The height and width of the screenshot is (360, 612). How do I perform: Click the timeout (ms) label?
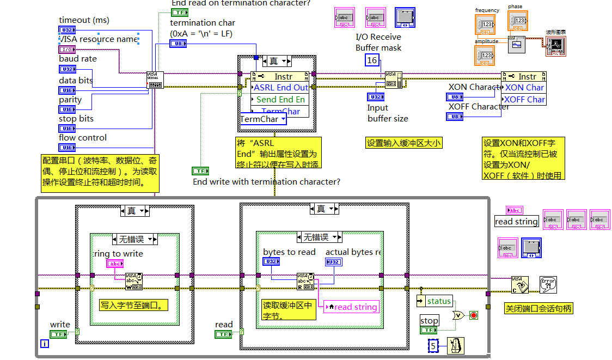tap(84, 20)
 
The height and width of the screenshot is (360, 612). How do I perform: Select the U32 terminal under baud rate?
tap(67, 69)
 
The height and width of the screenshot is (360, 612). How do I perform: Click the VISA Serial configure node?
tap(155, 80)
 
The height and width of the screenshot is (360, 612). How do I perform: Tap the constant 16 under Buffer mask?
tap(372, 60)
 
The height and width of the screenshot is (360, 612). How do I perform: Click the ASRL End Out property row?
tap(280, 88)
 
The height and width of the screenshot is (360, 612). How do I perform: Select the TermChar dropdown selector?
tap(263, 119)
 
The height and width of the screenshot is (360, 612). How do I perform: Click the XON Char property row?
tap(524, 88)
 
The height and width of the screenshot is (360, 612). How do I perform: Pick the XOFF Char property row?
tap(524, 100)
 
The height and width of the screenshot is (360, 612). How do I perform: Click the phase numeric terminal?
tap(517, 21)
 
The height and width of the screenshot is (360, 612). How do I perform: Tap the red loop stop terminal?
tap(474, 316)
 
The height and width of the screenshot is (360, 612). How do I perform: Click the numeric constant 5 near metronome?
tap(433, 346)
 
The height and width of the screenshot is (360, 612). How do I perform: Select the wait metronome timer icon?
tap(455, 346)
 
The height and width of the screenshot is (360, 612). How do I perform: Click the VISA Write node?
tap(134, 281)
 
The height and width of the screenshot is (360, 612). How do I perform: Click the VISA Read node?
tap(305, 281)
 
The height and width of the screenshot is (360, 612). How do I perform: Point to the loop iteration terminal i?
tap(45, 343)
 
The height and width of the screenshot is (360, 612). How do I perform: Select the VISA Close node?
tap(519, 284)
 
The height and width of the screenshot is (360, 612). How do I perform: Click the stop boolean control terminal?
tap(429, 330)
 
